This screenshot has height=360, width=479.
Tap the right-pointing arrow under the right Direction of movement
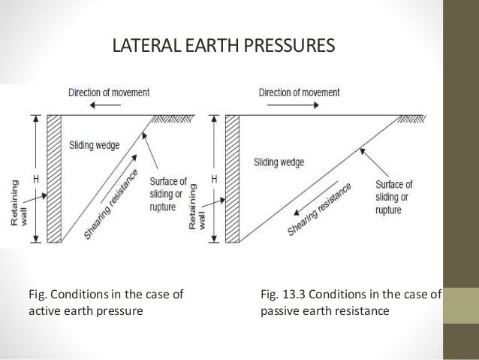tap(290, 107)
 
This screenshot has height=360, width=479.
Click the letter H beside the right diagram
tap(215, 179)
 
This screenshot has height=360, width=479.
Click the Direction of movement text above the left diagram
tap(109, 93)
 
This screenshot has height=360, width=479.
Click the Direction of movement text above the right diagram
tap(299, 93)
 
